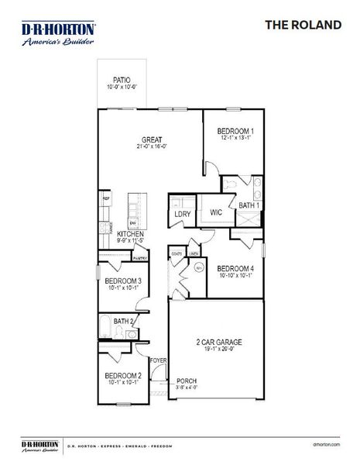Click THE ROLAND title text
[x=303, y=26]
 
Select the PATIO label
[x=121, y=80]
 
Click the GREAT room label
[x=151, y=140]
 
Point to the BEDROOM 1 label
[x=235, y=131]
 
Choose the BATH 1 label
[x=249, y=205]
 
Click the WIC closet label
[x=216, y=212]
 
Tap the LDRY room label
[x=183, y=214]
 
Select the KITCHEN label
[x=130, y=234]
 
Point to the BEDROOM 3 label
[x=122, y=281]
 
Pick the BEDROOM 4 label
[x=235, y=268]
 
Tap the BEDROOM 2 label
[x=122, y=376]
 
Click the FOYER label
[x=158, y=360]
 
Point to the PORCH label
[x=186, y=381]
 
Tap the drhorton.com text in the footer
[x=326, y=446]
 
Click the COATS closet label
[x=177, y=253]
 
